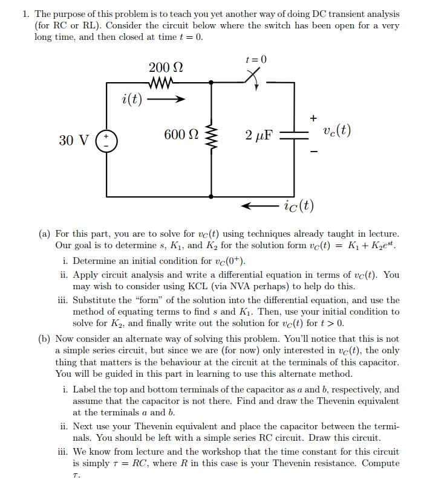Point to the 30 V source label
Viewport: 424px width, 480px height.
(x=74, y=141)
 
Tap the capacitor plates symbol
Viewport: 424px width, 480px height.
(x=294, y=135)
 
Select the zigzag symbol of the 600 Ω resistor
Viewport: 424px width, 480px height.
(x=210, y=136)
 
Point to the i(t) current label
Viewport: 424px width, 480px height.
(x=132, y=98)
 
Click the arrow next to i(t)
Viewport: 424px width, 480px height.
(x=165, y=99)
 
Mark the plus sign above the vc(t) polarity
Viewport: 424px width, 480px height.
(x=313, y=118)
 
